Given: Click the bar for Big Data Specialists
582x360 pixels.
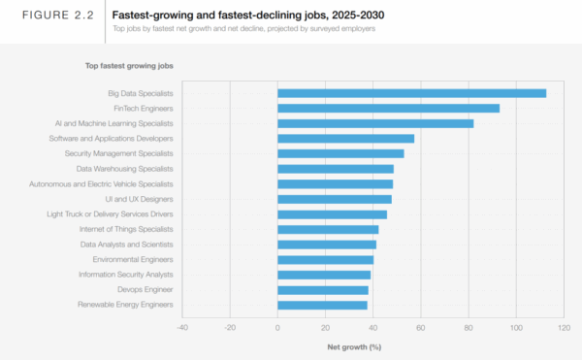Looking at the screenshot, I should [x=411, y=93].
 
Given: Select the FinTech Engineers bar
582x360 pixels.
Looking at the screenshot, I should [x=388, y=109].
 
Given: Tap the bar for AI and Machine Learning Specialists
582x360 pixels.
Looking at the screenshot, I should [x=375, y=123].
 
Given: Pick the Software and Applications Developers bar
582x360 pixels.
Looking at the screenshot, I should [x=345, y=139].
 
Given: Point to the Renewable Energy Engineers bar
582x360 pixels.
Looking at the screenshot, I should [x=322, y=305].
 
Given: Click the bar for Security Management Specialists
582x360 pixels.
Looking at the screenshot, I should [x=340, y=153].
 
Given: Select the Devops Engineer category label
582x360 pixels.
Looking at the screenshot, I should [x=145, y=289].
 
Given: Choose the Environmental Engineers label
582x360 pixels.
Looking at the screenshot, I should [x=133, y=259].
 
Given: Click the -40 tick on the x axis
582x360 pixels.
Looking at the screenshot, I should [x=181, y=328].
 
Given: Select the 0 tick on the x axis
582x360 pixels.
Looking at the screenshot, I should [x=277, y=328].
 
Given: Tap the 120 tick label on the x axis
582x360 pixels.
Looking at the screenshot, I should [x=564, y=328].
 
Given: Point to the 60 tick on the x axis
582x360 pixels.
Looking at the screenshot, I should [x=421, y=328].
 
